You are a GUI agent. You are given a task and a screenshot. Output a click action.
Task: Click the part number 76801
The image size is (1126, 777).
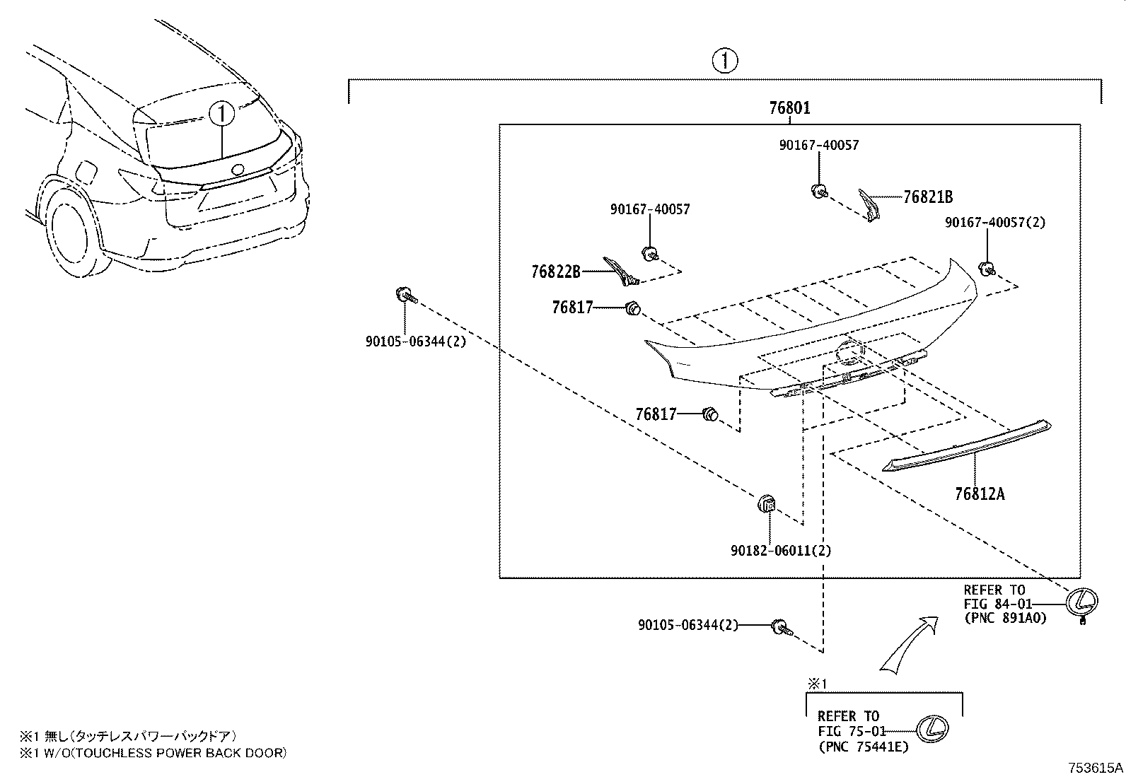point(789,108)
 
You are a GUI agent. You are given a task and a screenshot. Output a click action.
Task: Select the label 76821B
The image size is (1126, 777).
point(927,197)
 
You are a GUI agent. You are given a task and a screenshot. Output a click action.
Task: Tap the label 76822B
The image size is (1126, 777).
point(556,271)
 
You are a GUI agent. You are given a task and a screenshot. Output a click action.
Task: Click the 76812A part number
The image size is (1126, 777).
point(979,493)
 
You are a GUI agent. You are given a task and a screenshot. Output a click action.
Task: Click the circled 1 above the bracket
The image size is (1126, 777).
point(725,61)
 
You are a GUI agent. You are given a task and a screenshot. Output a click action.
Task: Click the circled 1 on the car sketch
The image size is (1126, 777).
point(222,113)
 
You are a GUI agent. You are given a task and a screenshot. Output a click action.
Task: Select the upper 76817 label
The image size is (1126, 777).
point(572,308)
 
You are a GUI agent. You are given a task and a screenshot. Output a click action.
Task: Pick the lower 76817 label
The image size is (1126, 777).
point(656,414)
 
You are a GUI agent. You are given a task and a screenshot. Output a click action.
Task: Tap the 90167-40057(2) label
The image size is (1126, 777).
point(995,222)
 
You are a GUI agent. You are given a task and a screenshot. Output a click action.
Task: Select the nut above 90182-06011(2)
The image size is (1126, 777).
point(768,504)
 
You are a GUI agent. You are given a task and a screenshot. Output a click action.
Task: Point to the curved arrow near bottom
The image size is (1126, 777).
point(909,643)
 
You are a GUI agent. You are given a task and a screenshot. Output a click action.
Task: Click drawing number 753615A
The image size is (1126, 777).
point(1096,767)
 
